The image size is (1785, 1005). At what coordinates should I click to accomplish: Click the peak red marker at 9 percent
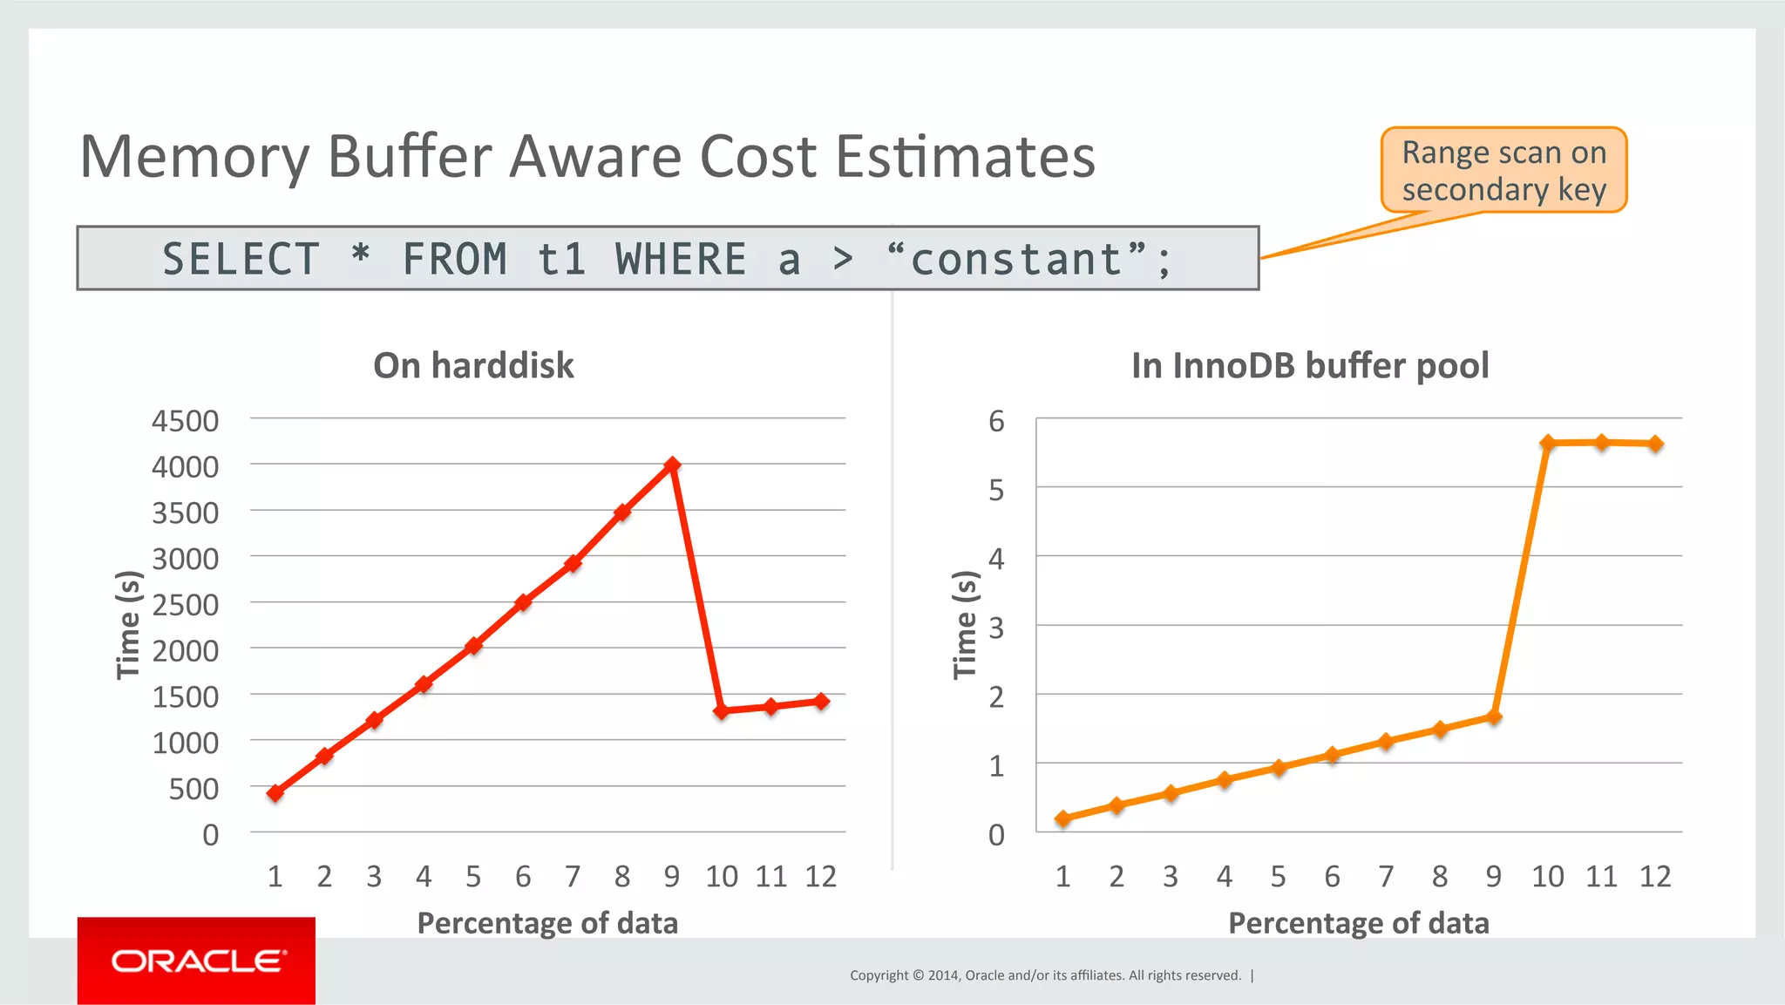click(x=671, y=465)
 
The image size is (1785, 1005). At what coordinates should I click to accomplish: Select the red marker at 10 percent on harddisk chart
click(x=721, y=711)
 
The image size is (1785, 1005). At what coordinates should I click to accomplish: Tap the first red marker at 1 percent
click(x=275, y=793)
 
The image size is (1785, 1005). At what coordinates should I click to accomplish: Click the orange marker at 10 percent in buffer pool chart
click(x=1548, y=443)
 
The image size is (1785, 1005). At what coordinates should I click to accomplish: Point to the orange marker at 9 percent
click(x=1494, y=717)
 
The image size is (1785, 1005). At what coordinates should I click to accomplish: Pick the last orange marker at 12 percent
click(x=1655, y=444)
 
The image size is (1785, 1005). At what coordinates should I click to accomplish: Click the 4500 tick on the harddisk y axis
click(x=185, y=421)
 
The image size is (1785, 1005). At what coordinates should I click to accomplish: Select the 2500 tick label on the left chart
click(x=185, y=605)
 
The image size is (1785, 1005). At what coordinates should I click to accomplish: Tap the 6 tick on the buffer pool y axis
click(x=996, y=422)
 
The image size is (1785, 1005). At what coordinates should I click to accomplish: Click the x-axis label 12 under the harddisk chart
click(x=820, y=876)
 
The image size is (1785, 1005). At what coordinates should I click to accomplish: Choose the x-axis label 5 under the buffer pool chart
click(x=1278, y=876)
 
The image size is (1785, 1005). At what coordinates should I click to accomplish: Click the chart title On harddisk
click(x=473, y=365)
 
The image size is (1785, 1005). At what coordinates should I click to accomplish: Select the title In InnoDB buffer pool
click(x=1310, y=365)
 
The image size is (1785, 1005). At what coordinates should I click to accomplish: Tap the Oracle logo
click(x=197, y=961)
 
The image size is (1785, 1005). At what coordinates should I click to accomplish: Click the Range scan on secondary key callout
click(x=1503, y=171)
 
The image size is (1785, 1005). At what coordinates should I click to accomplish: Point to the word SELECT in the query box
click(x=241, y=260)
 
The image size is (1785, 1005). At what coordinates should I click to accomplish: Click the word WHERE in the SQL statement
click(x=681, y=260)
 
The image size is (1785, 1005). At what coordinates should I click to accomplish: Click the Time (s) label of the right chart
click(x=965, y=624)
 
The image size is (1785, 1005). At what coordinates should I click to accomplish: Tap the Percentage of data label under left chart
click(x=547, y=923)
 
